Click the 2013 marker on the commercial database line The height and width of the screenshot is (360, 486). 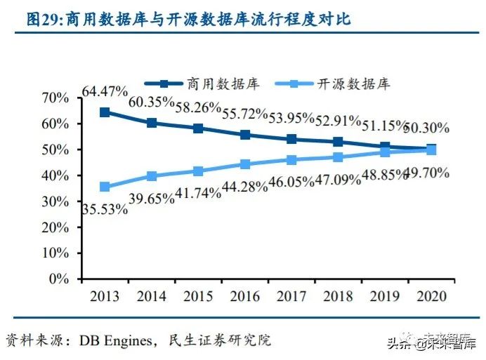tap(105, 112)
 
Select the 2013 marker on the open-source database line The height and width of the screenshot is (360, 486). tap(105, 187)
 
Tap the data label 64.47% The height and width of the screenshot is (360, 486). tap(104, 91)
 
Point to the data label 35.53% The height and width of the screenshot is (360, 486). tap(105, 209)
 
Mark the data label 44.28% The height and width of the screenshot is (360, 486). tap(243, 186)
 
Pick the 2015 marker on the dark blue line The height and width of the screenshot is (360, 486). tap(199, 128)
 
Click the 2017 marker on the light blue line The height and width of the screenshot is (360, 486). tap(292, 160)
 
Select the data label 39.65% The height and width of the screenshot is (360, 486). tap(151, 199)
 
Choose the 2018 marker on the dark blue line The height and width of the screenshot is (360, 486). tap(339, 142)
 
